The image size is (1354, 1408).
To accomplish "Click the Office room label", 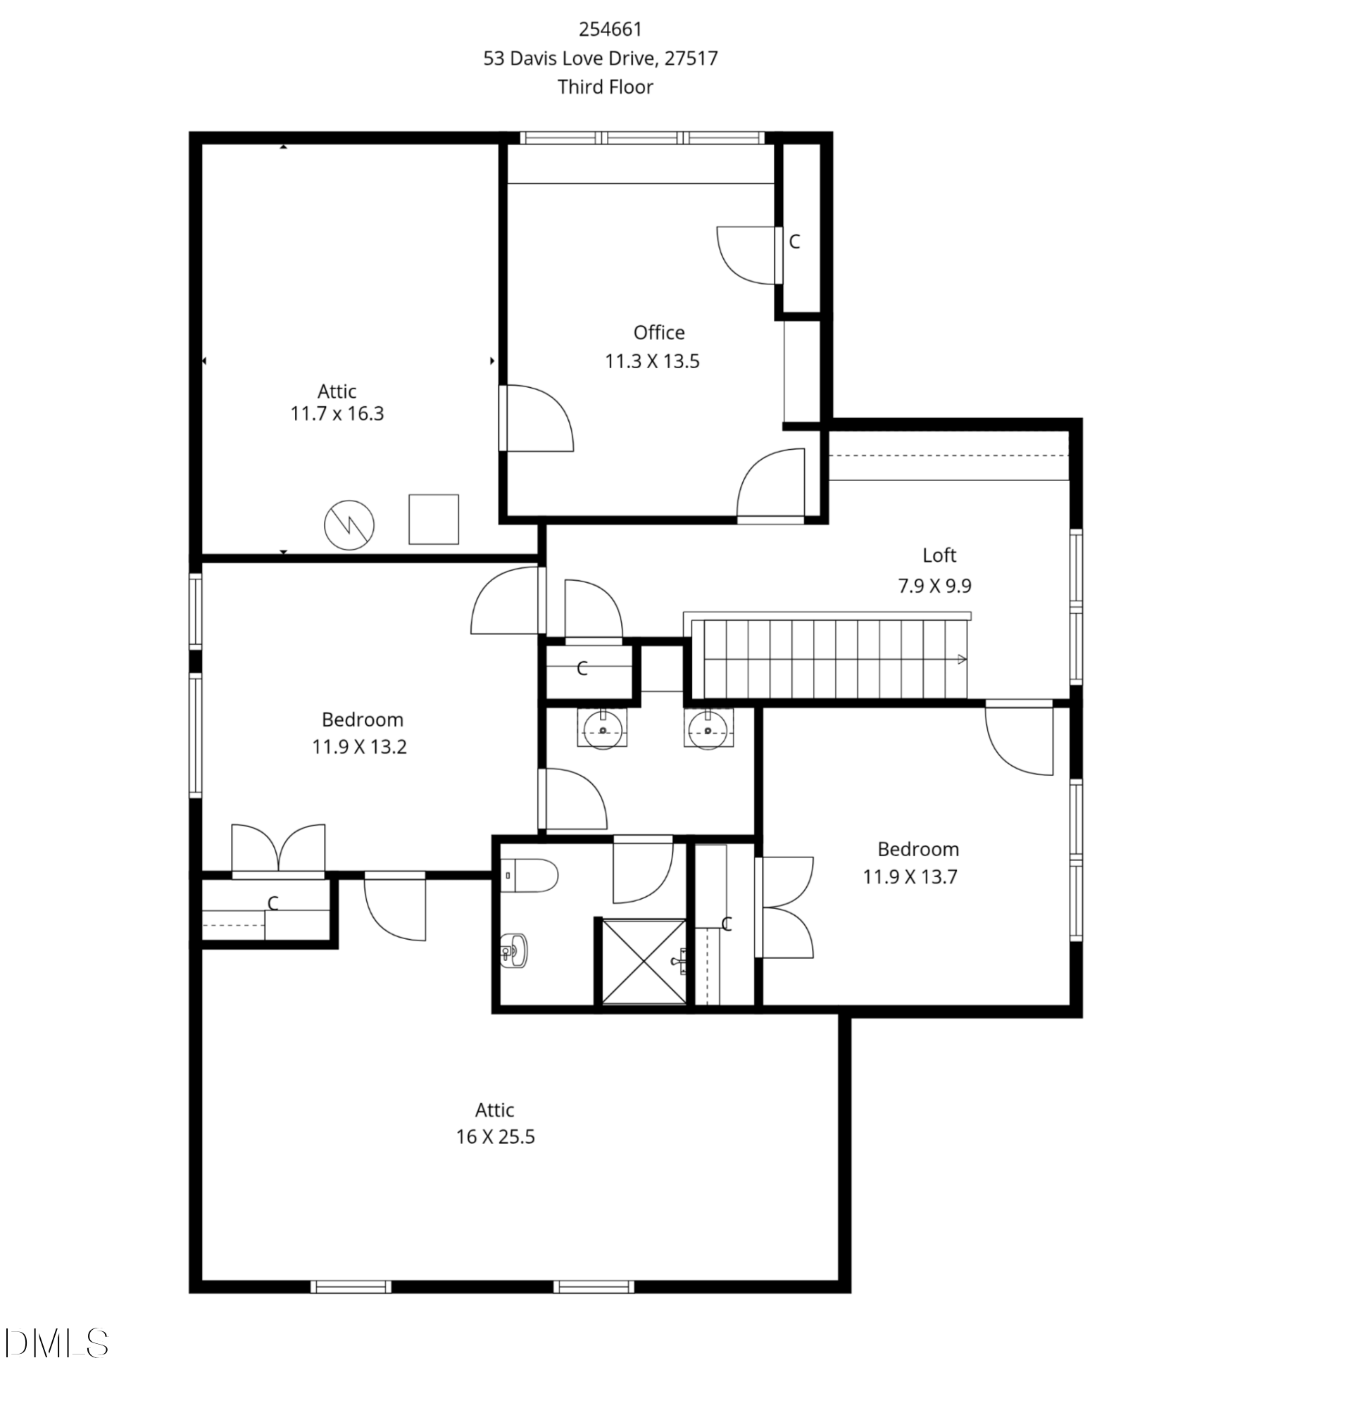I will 658,332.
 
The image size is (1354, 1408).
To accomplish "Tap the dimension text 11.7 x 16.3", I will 336,414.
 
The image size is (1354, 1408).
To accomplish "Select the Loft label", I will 938,555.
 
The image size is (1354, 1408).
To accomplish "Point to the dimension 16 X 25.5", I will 495,1137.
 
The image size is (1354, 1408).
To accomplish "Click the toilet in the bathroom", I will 530,876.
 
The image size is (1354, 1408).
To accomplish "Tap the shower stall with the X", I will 644,961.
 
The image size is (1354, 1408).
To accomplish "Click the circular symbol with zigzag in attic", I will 349,526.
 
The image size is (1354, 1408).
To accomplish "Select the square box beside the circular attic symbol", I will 433,520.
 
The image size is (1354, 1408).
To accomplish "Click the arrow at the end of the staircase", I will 961,660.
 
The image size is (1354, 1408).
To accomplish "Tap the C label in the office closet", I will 794,242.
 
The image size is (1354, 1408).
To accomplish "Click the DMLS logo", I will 56,1343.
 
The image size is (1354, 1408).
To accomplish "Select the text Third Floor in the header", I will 605,87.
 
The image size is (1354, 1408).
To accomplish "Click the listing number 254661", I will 610,30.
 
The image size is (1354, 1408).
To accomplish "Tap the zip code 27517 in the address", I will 690,58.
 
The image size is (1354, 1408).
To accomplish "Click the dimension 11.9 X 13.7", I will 910,877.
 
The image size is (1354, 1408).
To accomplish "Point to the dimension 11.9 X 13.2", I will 359,747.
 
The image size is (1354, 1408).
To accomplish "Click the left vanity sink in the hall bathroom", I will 602,730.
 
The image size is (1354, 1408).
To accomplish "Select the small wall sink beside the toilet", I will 513,951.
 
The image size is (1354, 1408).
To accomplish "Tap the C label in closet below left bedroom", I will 272,903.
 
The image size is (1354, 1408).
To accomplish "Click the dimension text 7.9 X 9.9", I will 934,586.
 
